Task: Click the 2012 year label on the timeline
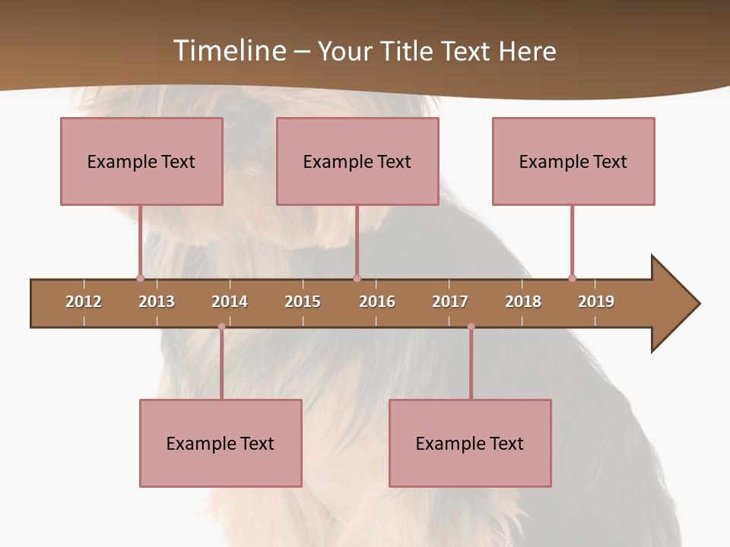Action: coord(84,302)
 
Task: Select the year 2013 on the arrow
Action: coord(157,302)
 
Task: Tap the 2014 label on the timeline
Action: coord(230,302)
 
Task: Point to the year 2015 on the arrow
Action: coord(303,302)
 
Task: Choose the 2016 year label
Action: coord(377,302)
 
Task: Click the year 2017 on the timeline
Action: coord(450,302)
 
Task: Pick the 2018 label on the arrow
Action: coord(523,302)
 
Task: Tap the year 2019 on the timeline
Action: coord(596,302)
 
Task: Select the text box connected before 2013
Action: coord(141,161)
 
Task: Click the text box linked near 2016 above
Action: coord(357,161)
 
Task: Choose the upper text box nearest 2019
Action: coord(573,161)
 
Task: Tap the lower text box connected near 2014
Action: coord(221,443)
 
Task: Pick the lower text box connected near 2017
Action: coord(470,443)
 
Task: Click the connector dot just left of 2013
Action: coord(140,278)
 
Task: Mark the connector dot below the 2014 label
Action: coord(221,327)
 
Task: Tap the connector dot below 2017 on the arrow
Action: coord(471,327)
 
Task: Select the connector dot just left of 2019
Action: coord(572,278)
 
